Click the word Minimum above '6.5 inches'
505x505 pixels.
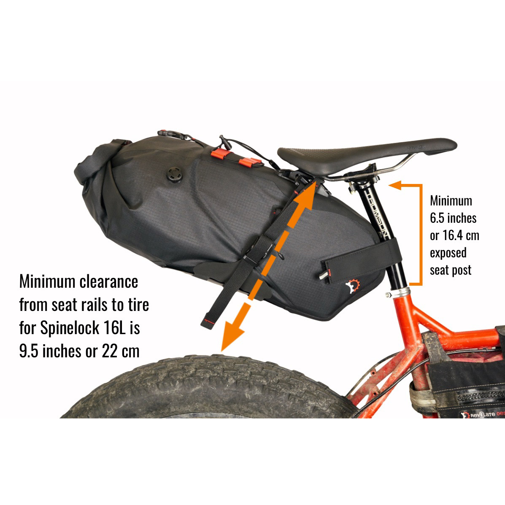tap(451, 201)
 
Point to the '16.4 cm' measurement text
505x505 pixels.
tap(454, 235)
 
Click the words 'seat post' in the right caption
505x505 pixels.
tap(450, 270)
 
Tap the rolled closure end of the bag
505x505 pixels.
tap(91, 169)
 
